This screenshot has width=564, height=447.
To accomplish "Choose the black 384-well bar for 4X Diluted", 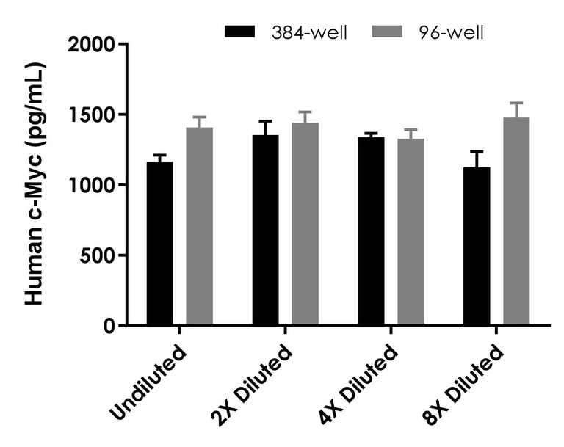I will tap(372, 231).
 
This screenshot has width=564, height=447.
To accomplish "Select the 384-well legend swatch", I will tap(241, 32).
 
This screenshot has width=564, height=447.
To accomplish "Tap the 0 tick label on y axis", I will tap(110, 326).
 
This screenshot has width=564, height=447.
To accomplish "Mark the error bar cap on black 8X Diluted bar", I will tap(477, 151).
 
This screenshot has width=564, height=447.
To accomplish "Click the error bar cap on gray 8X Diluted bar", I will tap(516, 103).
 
